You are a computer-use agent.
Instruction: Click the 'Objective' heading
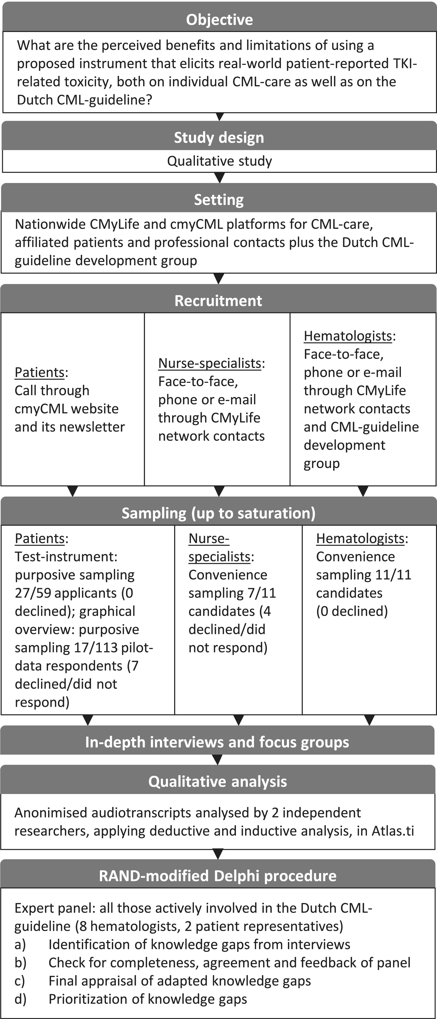[x=220, y=19]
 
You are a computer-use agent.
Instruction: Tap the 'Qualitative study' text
[x=220, y=161]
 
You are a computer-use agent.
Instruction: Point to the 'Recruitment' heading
[x=218, y=301]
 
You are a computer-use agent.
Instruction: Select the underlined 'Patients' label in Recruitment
[x=40, y=372]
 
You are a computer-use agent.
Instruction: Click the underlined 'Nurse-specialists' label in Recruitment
[x=210, y=363]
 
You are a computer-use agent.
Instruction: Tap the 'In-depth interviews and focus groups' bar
[x=217, y=742]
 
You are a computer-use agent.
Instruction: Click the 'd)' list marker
[x=20, y=999]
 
